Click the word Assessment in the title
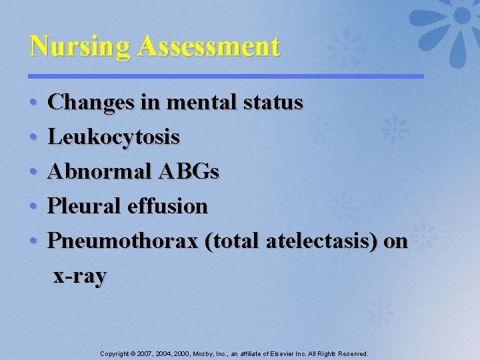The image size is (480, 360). (x=209, y=47)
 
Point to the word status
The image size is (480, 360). (x=273, y=103)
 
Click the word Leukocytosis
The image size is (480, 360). (x=114, y=138)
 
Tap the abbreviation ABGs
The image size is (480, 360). (x=189, y=172)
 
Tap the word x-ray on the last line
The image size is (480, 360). (x=79, y=276)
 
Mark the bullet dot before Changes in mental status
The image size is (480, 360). (x=33, y=104)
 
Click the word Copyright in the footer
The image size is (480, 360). (x=115, y=354)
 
